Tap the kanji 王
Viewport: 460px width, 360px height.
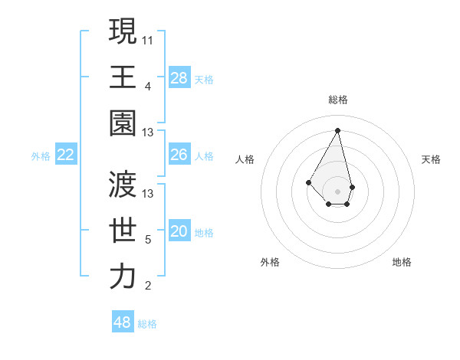123,77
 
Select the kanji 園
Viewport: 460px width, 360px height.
123,123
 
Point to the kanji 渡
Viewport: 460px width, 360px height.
123,184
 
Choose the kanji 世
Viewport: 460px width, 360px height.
123,230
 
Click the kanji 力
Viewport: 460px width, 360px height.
123,277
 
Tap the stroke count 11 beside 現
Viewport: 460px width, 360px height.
148,39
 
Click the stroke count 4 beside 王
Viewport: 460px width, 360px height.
148,86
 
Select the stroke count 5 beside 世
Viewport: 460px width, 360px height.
148,240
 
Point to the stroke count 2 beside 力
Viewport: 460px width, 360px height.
148,286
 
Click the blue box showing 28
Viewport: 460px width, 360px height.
179,77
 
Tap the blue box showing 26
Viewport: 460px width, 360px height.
179,155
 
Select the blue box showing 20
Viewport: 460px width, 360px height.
179,232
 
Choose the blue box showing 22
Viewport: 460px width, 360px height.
66,155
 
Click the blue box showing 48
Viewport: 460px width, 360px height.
123,322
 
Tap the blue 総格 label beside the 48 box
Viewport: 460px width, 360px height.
147,324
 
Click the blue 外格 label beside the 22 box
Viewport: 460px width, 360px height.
41,156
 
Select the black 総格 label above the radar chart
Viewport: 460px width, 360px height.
337,100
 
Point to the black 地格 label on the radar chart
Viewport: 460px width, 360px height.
402,262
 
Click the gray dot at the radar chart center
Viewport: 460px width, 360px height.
337,191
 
